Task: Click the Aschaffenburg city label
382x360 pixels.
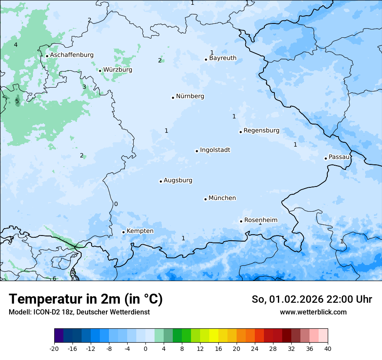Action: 72,55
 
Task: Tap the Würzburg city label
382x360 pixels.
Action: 118,70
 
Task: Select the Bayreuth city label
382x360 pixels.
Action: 223,58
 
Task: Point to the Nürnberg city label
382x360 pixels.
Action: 190,96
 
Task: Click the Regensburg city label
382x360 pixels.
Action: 261,131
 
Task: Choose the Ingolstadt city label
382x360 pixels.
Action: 215,150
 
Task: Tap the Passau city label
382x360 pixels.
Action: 339,157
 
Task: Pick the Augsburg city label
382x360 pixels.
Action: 178,180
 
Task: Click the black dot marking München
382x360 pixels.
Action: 205,199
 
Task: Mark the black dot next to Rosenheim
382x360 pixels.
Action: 241,221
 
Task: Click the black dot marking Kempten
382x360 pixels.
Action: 123,232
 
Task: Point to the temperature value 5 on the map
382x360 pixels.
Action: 17,101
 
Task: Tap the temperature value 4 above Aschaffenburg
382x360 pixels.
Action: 16,45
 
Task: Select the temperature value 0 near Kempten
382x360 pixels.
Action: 116,204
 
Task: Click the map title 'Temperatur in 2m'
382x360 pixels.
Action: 86,299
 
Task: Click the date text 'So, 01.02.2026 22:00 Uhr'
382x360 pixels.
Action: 312,299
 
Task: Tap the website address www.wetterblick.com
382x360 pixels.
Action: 313,312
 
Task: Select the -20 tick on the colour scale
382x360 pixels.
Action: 54,348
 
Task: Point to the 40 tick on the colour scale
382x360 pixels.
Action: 328,348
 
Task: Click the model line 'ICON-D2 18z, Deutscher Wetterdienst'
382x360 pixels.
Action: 79,312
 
